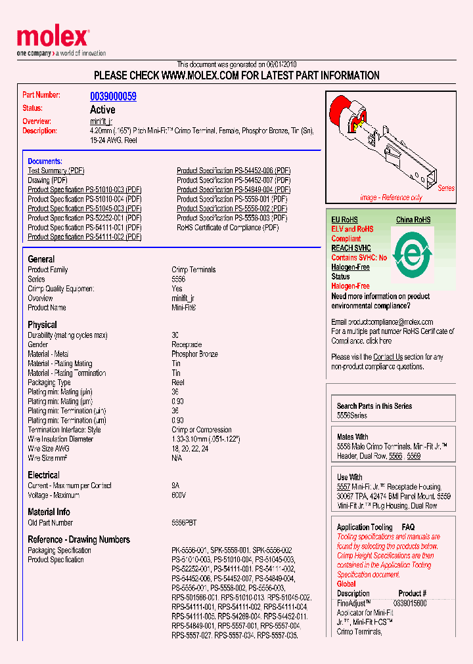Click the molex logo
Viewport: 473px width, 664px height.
point(52,38)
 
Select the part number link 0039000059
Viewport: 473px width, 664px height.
point(113,96)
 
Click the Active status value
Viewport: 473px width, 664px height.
point(102,110)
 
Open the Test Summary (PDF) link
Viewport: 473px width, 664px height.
point(56,171)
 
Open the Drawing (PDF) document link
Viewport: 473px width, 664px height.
point(47,180)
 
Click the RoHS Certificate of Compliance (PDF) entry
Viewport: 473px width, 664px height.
point(227,228)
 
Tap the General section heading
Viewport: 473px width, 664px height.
point(41,259)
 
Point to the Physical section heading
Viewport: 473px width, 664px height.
point(42,325)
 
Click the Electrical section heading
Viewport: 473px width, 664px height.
point(43,475)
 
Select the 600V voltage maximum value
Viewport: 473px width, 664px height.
point(179,495)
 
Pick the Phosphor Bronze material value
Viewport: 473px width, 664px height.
point(194,354)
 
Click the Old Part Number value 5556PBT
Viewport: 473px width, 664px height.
point(184,523)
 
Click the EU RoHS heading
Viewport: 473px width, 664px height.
point(344,220)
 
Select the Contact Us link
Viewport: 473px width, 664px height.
point(388,357)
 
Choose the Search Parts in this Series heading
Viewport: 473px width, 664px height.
point(374,406)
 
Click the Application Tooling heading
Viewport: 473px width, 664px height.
point(364,527)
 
